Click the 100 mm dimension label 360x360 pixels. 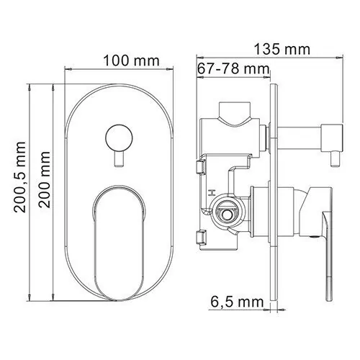[131, 61]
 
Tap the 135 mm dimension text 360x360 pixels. [282, 49]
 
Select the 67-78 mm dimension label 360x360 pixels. [233, 68]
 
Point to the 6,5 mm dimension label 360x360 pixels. [237, 302]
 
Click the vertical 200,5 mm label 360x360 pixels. [19, 177]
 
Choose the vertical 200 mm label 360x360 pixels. [45, 179]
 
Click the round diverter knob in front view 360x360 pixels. [119, 138]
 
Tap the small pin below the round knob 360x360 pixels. [119, 158]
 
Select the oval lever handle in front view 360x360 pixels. [120, 243]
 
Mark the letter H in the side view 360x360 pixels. [212, 192]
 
